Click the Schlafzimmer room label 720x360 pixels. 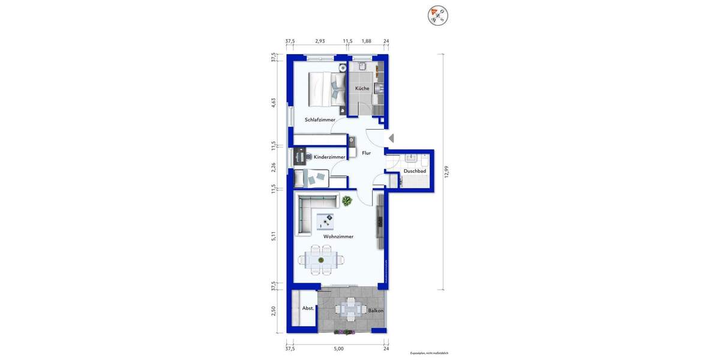point(320,120)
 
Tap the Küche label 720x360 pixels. point(362,89)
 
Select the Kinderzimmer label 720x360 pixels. point(329,157)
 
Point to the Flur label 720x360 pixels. point(366,153)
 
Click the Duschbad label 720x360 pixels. point(415,171)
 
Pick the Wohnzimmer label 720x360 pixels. point(338,236)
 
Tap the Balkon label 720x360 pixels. point(376,310)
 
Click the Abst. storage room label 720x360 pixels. point(308,308)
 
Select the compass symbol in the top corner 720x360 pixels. point(438,16)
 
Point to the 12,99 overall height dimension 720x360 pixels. point(446,172)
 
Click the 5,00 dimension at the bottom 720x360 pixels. point(338,349)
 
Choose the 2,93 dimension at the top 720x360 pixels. point(320,41)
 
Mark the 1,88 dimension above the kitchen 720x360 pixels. point(366,41)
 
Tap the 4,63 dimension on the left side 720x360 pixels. point(274,102)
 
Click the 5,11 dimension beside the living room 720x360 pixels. point(274,236)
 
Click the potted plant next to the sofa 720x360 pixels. point(347,202)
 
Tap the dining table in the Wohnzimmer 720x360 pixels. point(322,260)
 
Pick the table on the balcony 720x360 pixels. point(349,310)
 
